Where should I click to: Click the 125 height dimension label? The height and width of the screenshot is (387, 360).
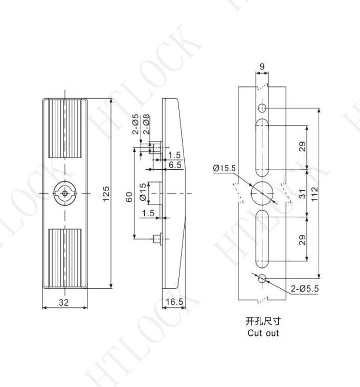[x=106, y=194]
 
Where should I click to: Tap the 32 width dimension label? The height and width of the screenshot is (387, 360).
[x=64, y=302]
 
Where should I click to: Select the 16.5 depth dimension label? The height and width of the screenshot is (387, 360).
[x=174, y=302]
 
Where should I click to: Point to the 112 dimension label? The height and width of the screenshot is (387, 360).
[x=314, y=194]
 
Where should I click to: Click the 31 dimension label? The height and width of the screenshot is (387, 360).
[x=302, y=194]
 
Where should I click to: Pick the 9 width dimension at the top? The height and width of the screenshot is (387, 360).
[x=262, y=66]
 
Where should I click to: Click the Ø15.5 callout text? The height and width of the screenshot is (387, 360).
[x=224, y=168]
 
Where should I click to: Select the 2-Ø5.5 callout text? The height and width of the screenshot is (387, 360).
[x=305, y=288]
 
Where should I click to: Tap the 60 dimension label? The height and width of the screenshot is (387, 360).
[x=129, y=197]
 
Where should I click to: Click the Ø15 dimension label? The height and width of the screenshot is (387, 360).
[x=143, y=192]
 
